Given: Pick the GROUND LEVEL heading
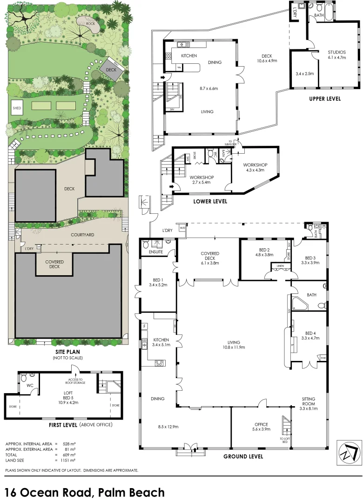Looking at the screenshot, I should tap(243, 456).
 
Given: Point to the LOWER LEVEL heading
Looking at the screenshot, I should tap(210, 201).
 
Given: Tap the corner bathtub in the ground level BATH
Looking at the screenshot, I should tap(297, 304).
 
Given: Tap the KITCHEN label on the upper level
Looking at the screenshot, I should tap(189, 55).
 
